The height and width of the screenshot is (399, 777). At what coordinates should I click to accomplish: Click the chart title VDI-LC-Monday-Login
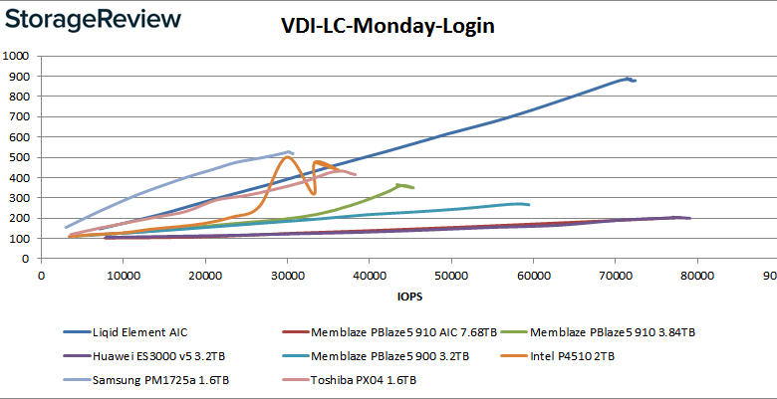point(388,27)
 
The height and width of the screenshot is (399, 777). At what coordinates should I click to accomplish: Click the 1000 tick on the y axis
point(17,56)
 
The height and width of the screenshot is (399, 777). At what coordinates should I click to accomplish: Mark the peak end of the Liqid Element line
point(629,78)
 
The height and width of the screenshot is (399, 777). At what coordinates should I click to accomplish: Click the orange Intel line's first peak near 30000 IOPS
point(289,156)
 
